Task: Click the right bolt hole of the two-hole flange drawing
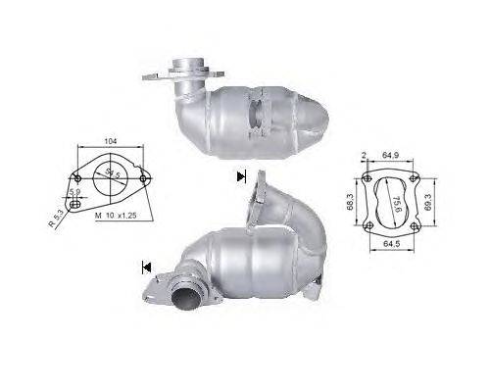tap(149, 178)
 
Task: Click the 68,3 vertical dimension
tap(352, 202)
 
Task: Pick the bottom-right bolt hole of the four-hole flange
tap(416, 227)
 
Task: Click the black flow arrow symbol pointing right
tap(240, 176)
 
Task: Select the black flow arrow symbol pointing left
tap(146, 265)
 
